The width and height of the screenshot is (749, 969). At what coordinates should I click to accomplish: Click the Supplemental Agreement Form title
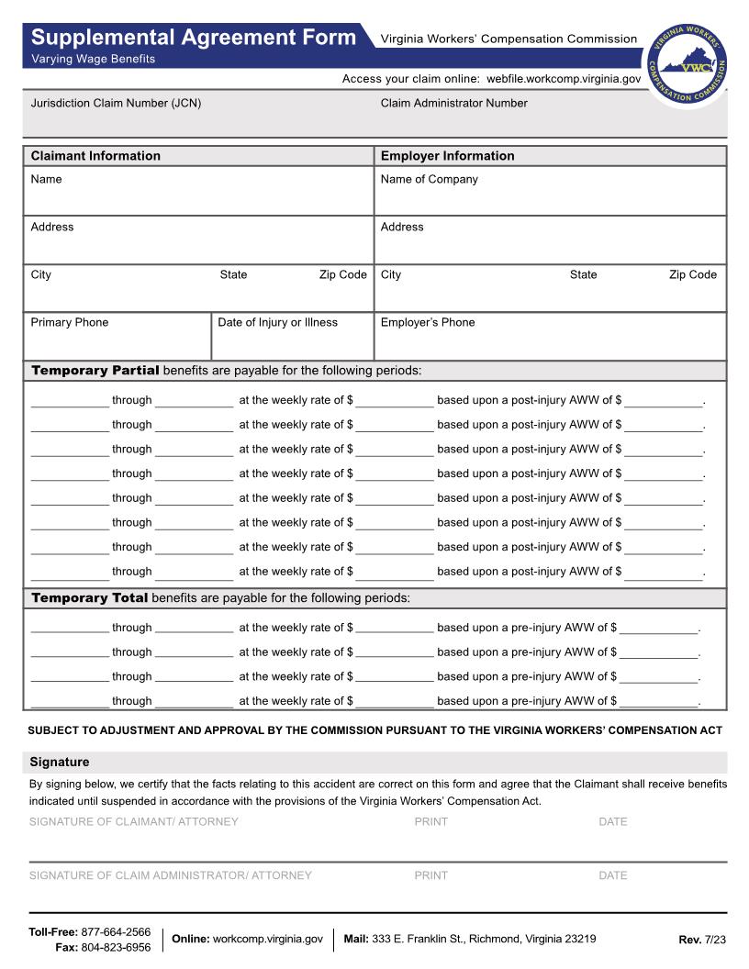pos(193,38)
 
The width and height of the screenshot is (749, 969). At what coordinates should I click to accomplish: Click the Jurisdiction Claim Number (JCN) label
pos(116,104)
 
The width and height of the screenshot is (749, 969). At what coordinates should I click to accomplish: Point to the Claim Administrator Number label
pos(453,104)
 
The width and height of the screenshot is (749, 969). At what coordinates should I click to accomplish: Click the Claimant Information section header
pos(95,156)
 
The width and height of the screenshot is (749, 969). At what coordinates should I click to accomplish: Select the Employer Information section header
pos(447,156)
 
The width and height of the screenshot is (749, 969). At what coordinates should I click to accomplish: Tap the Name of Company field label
pos(429,180)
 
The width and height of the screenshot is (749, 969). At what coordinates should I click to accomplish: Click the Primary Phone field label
pos(69,323)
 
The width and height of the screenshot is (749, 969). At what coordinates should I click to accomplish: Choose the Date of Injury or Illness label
pos(277,323)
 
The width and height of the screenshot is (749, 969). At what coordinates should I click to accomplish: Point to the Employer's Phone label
pos(428,323)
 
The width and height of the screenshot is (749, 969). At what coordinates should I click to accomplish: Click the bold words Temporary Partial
pos(95,371)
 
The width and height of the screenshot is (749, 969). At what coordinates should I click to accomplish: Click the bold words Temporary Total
pos(90,598)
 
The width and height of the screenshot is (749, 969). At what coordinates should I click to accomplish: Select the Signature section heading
pos(60,763)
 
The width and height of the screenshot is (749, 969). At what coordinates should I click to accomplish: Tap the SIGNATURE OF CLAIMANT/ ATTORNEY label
pos(133,822)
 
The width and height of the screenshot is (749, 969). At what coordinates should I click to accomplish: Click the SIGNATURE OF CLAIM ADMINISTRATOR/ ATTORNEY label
pos(170,875)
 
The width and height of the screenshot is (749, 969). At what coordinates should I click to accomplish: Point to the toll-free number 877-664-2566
pos(116,932)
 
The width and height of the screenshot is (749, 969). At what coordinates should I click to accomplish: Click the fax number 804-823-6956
pos(116,948)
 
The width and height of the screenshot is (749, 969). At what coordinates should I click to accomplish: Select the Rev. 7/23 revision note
pos(701,940)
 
